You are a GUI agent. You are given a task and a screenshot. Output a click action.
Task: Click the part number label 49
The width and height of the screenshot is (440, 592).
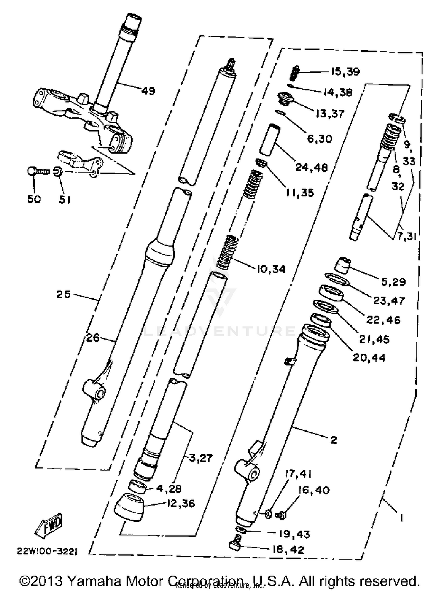click(148, 91)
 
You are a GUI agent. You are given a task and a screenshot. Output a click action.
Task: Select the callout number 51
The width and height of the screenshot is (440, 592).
click(65, 200)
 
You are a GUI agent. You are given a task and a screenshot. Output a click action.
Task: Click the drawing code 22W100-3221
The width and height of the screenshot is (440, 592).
click(47, 552)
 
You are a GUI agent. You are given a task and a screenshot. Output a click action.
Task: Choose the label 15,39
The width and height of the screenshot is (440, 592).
click(345, 72)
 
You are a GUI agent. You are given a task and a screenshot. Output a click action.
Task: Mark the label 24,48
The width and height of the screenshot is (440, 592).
click(311, 167)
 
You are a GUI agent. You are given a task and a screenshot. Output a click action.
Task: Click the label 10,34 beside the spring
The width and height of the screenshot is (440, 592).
click(271, 269)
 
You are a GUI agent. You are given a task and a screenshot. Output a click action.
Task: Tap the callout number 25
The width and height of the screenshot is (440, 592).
click(64, 294)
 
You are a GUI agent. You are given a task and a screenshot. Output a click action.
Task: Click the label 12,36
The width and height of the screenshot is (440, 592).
click(181, 503)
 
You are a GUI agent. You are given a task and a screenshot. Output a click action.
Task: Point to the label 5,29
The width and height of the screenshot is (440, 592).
click(393, 281)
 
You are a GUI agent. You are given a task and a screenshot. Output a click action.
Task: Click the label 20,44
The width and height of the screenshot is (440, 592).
click(369, 358)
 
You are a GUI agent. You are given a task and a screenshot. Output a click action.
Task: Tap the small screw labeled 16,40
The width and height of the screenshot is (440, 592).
click(281, 515)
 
